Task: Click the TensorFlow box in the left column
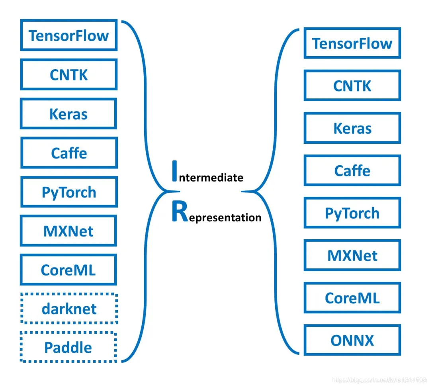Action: (69, 35)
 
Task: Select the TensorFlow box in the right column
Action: (352, 43)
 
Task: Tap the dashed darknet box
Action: (69, 309)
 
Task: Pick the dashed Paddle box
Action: (68, 347)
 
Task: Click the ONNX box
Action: (352, 340)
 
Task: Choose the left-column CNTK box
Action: (69, 74)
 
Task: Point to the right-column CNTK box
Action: (352, 86)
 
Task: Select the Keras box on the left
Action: (68, 113)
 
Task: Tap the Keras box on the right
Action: (352, 128)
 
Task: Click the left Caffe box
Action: (69, 153)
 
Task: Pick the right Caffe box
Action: (352, 170)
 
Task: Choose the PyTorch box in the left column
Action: (69, 192)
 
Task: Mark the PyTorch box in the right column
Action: (352, 213)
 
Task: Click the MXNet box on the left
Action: (68, 231)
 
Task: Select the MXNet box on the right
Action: (352, 255)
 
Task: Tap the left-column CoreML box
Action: (68, 270)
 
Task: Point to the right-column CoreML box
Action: (352, 297)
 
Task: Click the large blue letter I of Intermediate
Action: (174, 171)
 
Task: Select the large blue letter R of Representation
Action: (180, 211)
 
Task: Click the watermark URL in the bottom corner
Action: (379, 380)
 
